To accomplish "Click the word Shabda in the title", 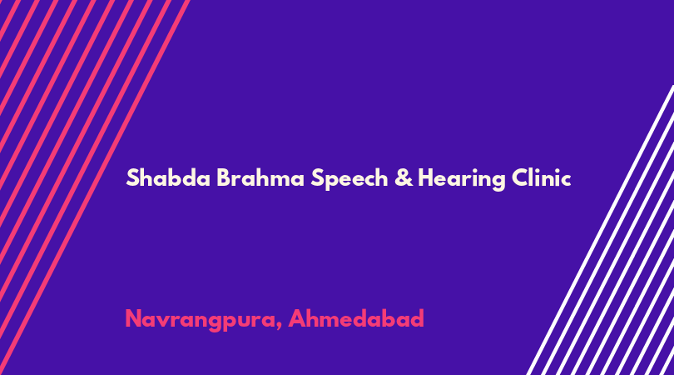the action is (x=168, y=177).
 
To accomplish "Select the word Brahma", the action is (x=260, y=177).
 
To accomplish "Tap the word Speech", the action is (x=349, y=178).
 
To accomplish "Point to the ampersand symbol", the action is (x=404, y=177).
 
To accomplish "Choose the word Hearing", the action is (x=462, y=178).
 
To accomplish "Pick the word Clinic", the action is (x=541, y=177).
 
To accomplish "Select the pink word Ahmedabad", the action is (x=356, y=318).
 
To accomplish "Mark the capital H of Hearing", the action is (x=426, y=177).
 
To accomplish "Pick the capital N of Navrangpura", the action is (x=134, y=319).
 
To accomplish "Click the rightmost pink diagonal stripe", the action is (x=95, y=187).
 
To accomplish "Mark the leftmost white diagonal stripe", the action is (x=601, y=230).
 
